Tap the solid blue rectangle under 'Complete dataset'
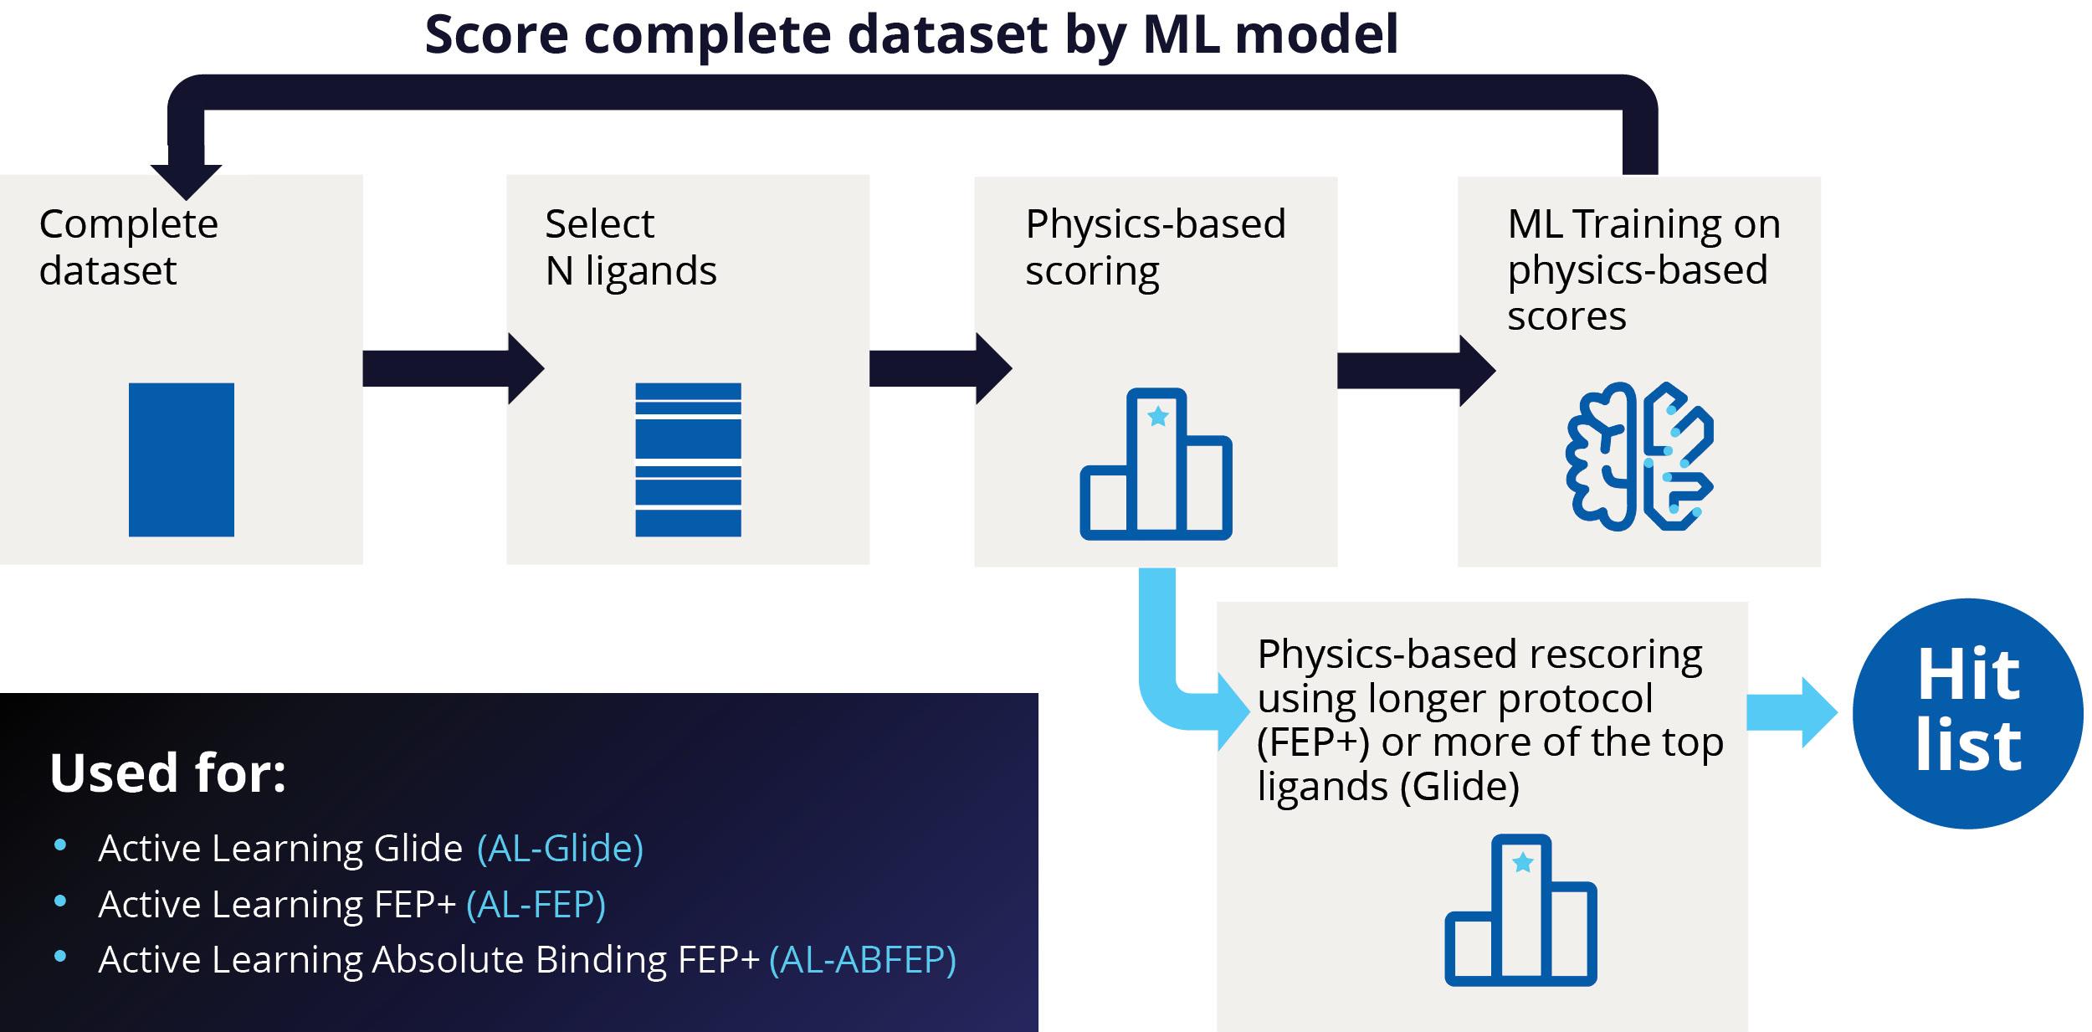tap(182, 460)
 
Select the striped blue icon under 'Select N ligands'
tap(688, 460)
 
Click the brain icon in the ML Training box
tap(1639, 456)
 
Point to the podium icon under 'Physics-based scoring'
tap(1156, 464)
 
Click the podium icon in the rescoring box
tap(1520, 910)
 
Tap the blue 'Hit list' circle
tap(1967, 713)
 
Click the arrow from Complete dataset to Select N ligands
tap(452, 368)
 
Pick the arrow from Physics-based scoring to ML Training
tap(1414, 371)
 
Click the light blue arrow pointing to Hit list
tap(1791, 712)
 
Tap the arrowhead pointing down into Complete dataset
tap(186, 180)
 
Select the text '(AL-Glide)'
tap(560, 848)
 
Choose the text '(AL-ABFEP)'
tap(862, 959)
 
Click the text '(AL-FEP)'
tap(536, 904)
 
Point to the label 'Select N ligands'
tap(631, 247)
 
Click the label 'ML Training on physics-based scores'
tap(1643, 270)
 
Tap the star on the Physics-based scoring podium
tap(1158, 416)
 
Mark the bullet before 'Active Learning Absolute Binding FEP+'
tap(60, 956)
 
